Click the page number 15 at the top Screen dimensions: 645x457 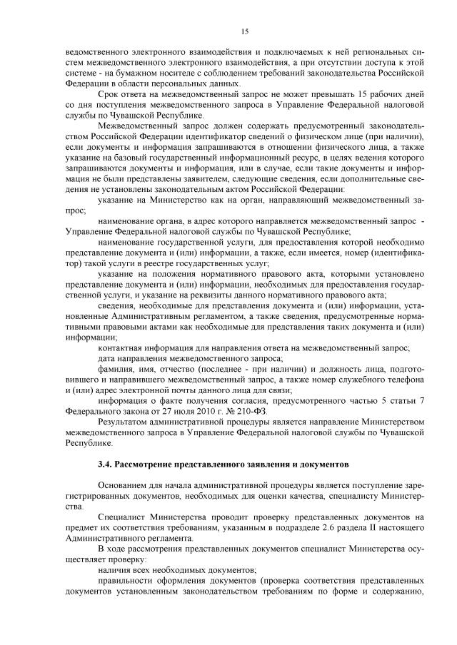click(x=244, y=31)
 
